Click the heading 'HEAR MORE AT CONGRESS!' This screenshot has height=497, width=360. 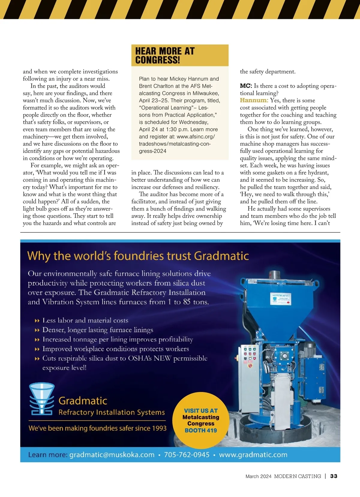[x=165, y=55]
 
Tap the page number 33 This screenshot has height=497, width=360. [x=334, y=476]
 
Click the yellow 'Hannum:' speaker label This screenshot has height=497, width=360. [x=254, y=100]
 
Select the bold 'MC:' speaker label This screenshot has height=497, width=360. [x=246, y=86]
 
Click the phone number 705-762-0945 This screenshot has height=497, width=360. [x=187, y=455]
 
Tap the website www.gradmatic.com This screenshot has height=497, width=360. [x=253, y=455]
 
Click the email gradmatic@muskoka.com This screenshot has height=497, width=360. [x=112, y=455]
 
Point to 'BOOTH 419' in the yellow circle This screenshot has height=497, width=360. [x=201, y=430]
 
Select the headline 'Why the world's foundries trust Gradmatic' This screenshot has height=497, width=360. [x=138, y=256]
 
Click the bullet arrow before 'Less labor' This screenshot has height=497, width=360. [x=37, y=321]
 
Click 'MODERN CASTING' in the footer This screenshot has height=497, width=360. [x=297, y=476]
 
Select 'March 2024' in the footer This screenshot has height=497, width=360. [x=258, y=476]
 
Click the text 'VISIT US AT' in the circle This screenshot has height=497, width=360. [x=201, y=411]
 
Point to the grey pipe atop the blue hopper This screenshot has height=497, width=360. [x=274, y=275]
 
